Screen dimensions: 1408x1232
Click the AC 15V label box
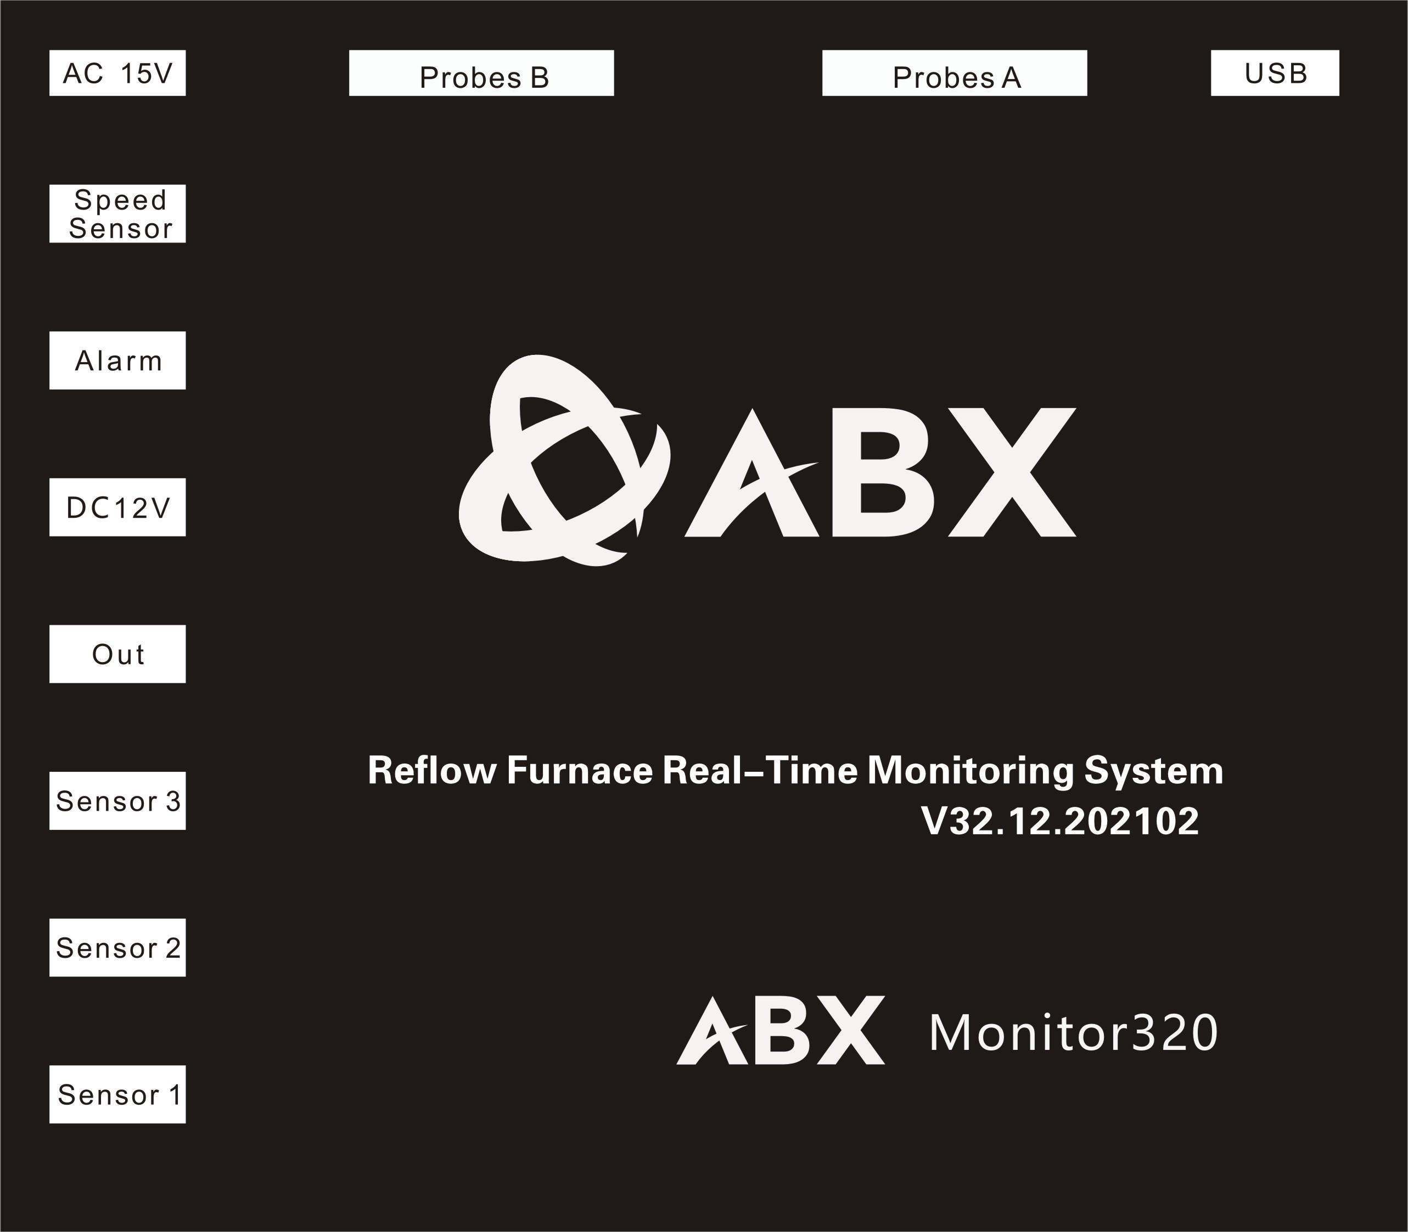point(117,73)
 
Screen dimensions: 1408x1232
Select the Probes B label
point(481,73)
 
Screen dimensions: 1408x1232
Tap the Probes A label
point(955,73)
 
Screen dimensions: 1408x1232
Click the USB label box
point(1275,73)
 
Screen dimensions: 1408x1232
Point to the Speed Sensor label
point(117,214)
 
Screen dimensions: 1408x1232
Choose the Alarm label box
point(117,360)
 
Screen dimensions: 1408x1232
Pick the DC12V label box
point(117,507)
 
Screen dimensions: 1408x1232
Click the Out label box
point(117,654)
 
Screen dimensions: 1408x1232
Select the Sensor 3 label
point(117,801)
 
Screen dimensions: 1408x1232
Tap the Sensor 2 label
point(117,947)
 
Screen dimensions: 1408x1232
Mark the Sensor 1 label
point(117,1094)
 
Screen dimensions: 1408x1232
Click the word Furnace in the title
point(579,771)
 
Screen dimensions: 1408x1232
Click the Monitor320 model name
point(1073,1033)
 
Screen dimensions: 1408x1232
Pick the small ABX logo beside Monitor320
point(781,1030)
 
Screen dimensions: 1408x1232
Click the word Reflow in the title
point(431,771)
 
